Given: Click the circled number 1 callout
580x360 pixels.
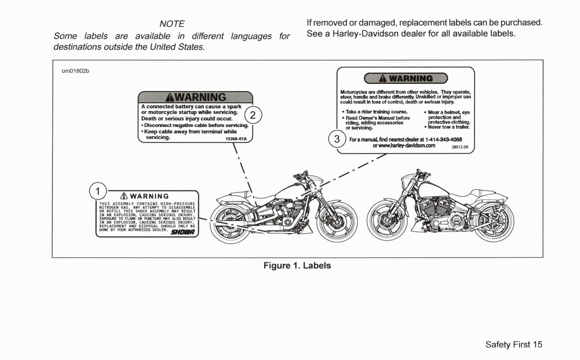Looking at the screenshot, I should click(x=98, y=191).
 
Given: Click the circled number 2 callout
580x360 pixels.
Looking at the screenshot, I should click(x=252, y=116).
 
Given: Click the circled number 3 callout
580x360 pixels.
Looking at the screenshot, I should click(x=337, y=139).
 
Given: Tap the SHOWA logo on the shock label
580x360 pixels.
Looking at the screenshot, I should click(x=183, y=232).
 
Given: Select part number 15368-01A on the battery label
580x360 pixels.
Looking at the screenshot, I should click(x=236, y=139).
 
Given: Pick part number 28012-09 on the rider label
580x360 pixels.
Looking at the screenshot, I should click(x=460, y=147).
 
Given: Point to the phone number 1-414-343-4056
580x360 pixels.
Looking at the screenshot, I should click(x=443, y=139).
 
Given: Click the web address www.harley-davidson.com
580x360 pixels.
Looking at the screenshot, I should click(x=404, y=145).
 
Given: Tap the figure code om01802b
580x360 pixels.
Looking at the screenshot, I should click(x=75, y=71).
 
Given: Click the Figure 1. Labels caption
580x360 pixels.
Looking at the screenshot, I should click(x=297, y=266).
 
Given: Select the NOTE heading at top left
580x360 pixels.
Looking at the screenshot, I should click(x=172, y=24).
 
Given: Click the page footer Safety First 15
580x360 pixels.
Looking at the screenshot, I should click(x=513, y=344).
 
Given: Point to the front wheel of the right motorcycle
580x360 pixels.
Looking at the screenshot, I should click(x=388, y=220).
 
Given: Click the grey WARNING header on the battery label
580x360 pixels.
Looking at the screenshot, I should click(x=195, y=97).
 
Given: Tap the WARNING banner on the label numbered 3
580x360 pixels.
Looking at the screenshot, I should click(x=405, y=78).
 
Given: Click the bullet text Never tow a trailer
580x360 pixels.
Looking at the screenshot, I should click(x=448, y=127).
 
